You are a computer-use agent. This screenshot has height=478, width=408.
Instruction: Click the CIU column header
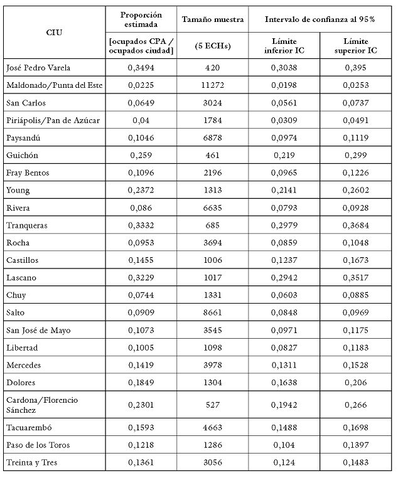(x=55, y=31)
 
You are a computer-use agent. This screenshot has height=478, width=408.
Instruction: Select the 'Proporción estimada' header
(x=141, y=19)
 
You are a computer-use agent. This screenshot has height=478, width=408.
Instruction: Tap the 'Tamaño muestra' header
(x=212, y=19)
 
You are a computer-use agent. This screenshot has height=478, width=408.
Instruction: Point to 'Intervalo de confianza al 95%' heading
(x=319, y=19)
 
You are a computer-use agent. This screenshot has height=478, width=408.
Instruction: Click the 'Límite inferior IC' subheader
(x=284, y=45)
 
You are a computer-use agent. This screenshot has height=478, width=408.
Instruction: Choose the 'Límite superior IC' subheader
(x=355, y=45)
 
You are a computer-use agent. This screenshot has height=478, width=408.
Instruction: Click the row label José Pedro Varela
(x=38, y=68)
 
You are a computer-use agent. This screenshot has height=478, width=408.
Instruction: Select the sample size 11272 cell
(x=212, y=85)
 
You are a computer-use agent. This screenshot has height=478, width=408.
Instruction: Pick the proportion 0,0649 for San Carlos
(x=141, y=103)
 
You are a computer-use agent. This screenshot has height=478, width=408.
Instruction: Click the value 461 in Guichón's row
(x=212, y=155)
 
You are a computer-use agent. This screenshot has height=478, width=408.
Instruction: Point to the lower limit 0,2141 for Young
(x=284, y=190)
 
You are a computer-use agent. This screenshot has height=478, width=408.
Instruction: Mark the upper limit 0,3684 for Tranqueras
(x=355, y=225)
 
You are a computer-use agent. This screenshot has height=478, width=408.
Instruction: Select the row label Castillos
(x=21, y=260)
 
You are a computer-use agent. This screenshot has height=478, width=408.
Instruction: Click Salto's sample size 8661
(x=212, y=312)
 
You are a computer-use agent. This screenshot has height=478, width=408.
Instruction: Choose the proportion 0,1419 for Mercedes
(x=141, y=364)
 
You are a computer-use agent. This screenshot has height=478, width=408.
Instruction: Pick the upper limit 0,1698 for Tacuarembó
(x=355, y=428)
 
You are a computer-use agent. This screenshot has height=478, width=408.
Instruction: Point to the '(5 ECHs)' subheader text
(x=212, y=45)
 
